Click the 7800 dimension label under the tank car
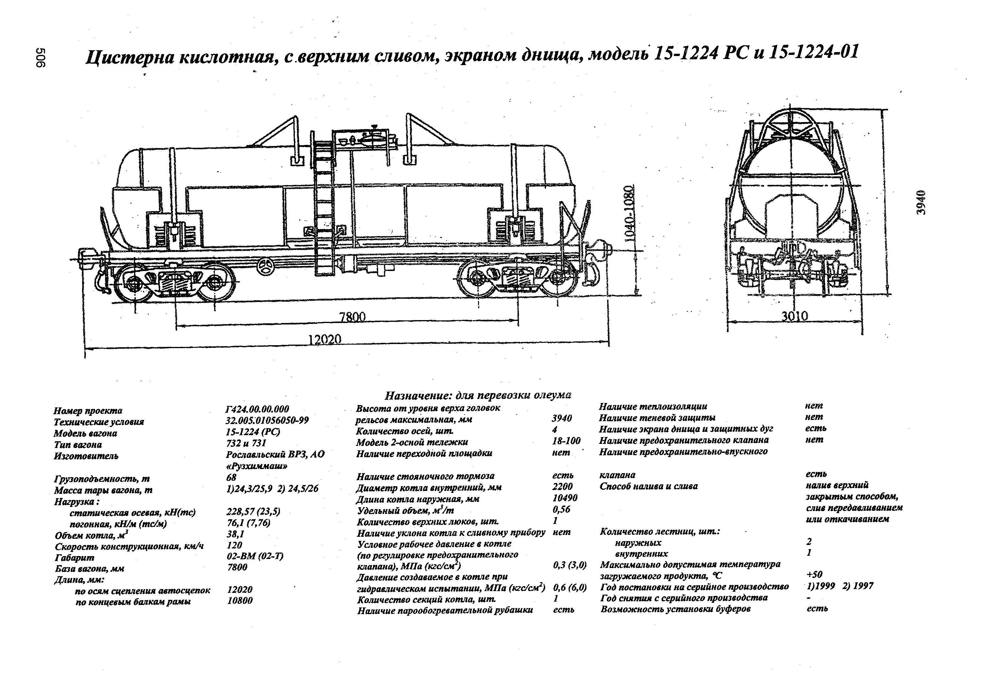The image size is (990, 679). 352,317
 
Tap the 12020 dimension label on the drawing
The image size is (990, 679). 325,339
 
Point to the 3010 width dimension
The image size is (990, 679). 795,316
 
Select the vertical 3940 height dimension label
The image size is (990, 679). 921,202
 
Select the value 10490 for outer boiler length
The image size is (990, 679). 565,498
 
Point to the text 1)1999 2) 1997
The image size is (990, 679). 840,586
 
